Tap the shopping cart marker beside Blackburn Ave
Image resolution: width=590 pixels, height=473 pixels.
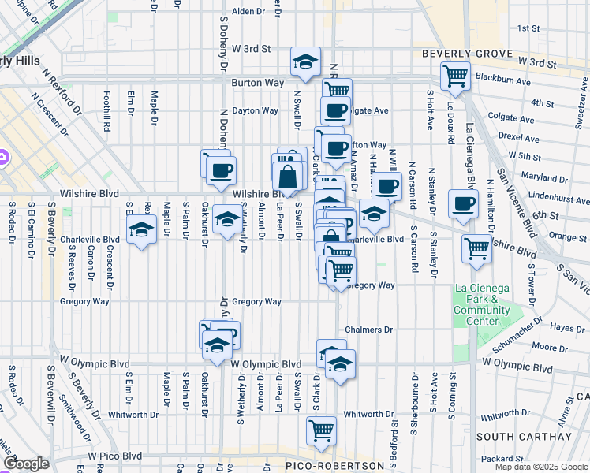(x=455, y=76)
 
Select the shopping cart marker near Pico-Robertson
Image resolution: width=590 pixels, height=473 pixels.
(x=321, y=430)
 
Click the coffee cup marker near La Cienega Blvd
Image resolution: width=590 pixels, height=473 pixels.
(x=462, y=203)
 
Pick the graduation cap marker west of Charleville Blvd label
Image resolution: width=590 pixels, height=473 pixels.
(x=141, y=229)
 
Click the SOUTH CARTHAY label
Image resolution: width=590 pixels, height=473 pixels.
(x=524, y=437)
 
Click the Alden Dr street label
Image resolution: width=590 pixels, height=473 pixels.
(x=248, y=12)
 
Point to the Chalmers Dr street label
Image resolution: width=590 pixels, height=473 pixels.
(x=368, y=330)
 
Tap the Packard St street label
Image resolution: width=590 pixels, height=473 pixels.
(x=518, y=458)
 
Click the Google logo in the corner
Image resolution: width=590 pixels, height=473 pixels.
(x=26, y=464)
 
